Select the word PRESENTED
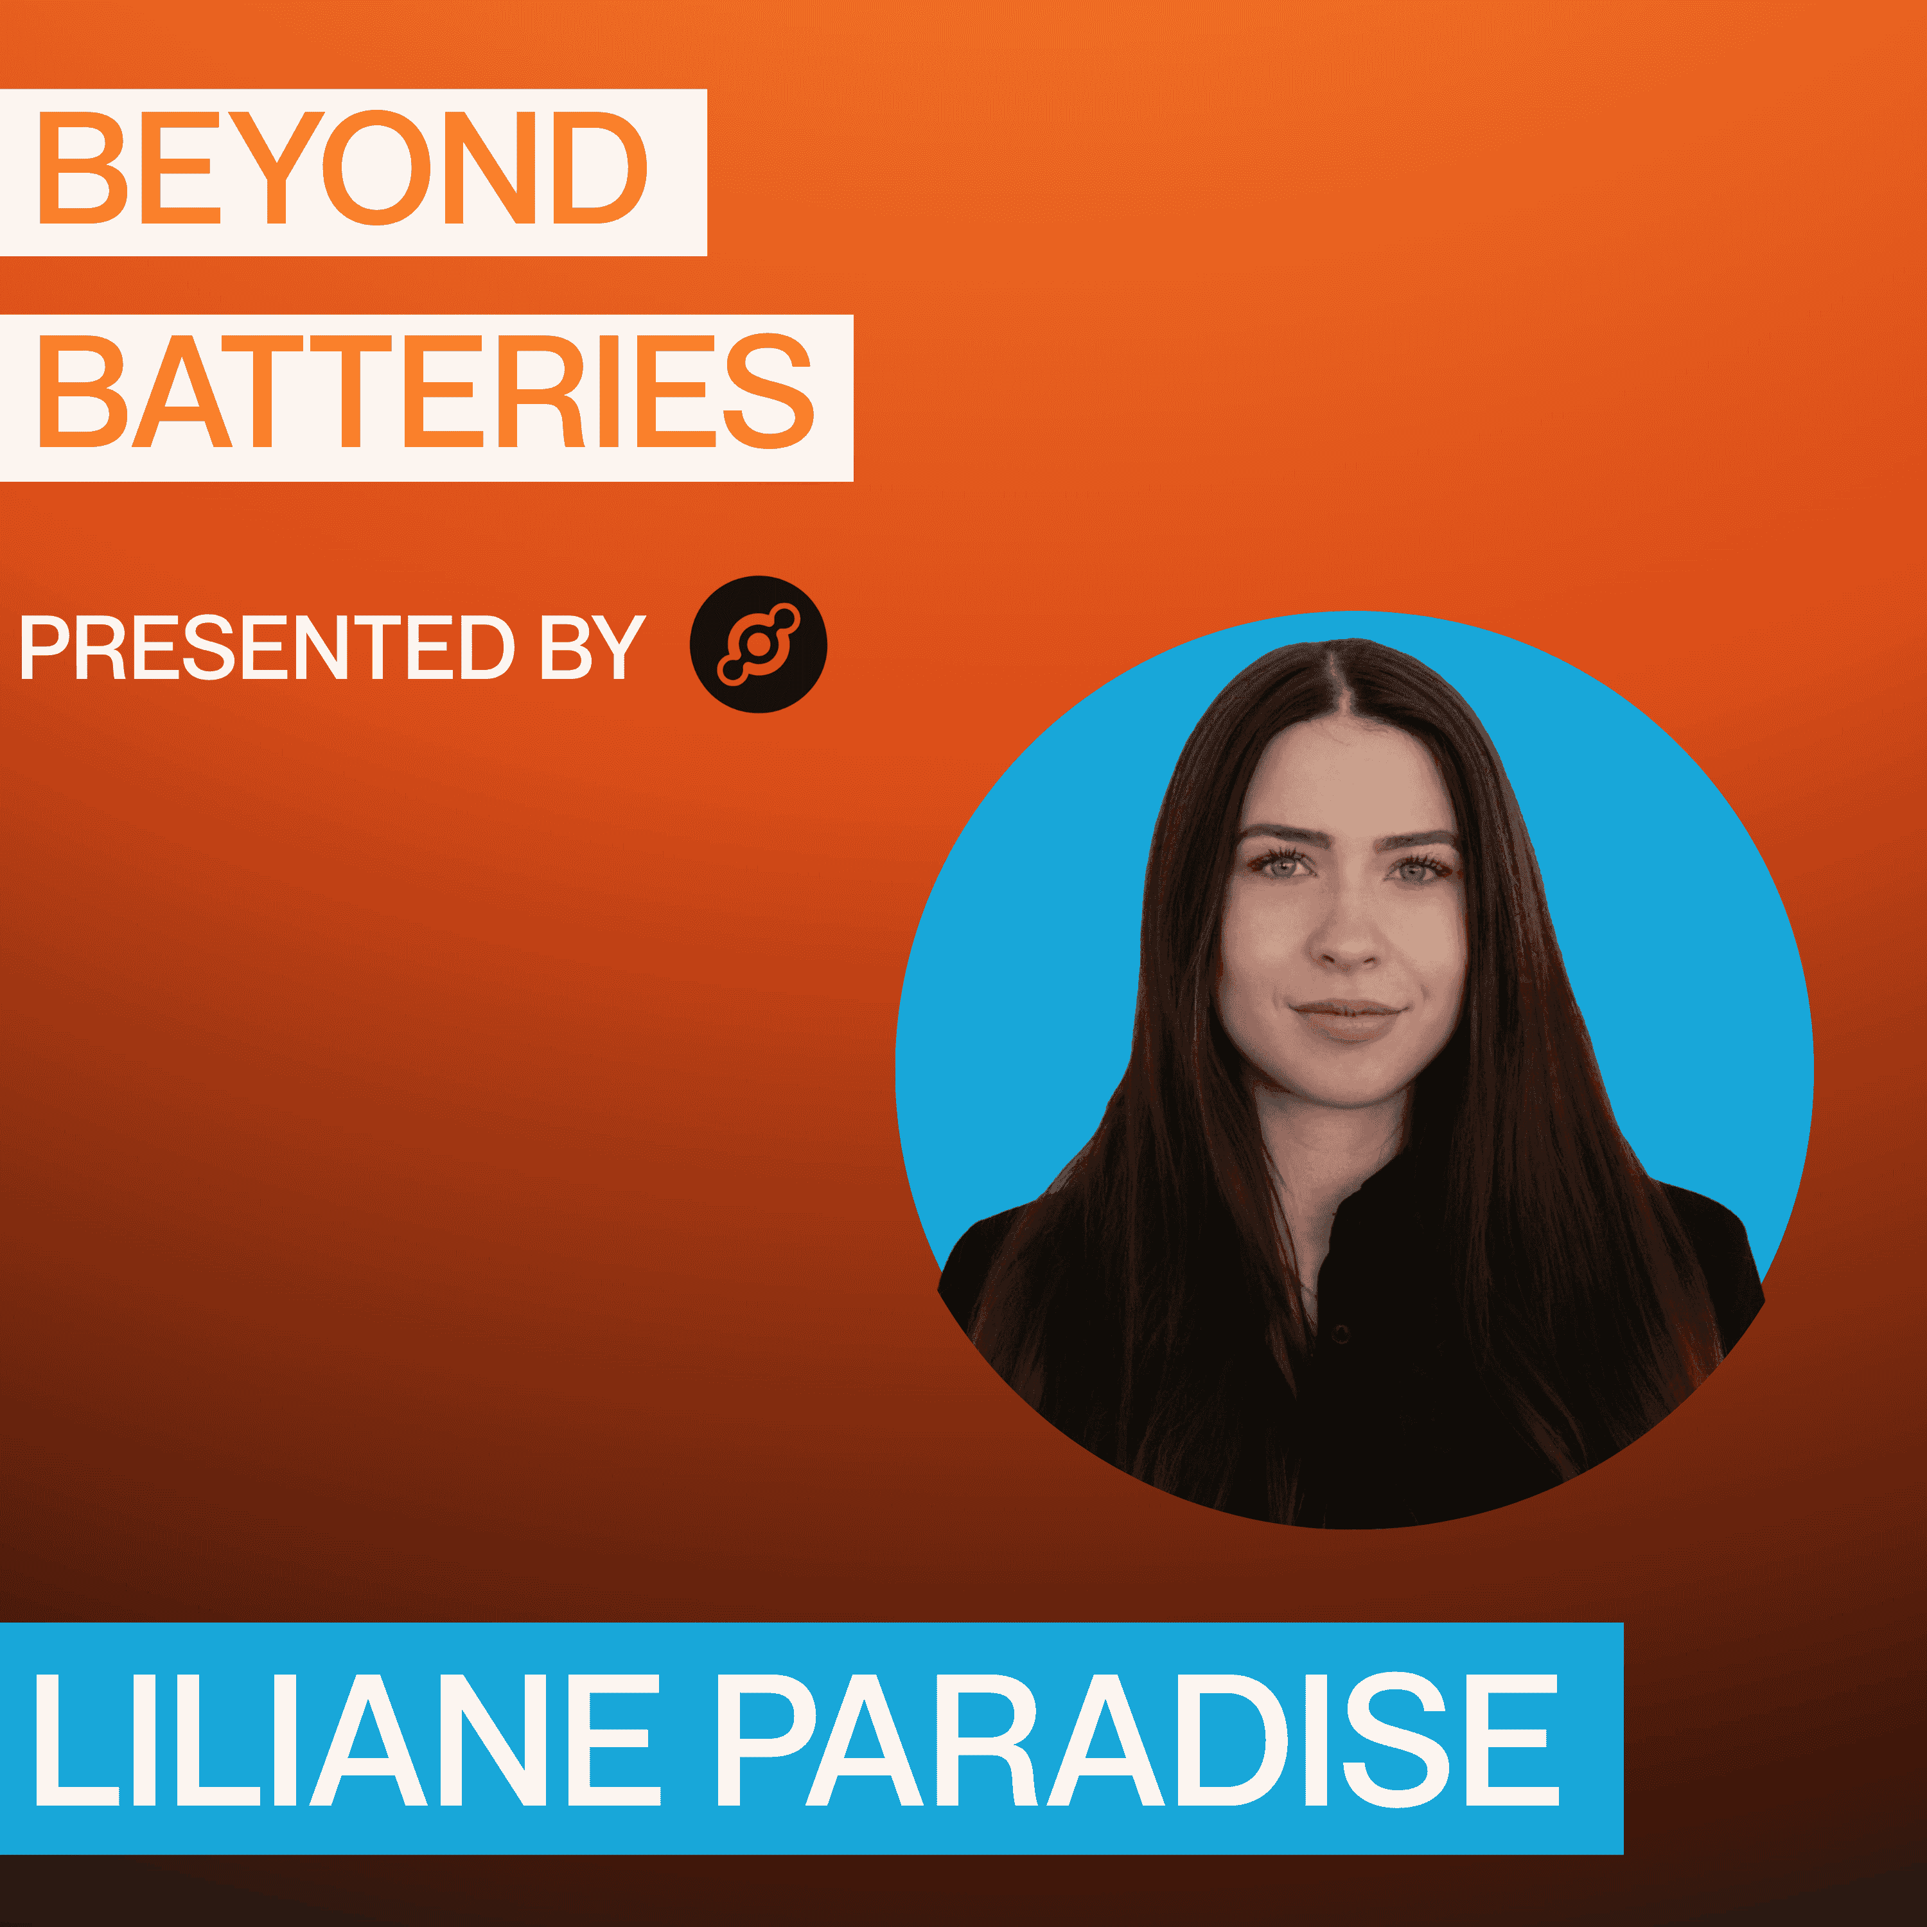click(267, 647)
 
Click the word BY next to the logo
click(592, 647)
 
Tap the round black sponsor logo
click(758, 644)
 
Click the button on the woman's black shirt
click(1342, 1333)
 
